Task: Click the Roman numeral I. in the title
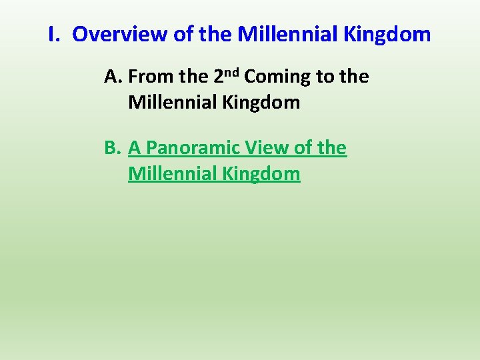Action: (55, 34)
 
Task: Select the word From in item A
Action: (151, 77)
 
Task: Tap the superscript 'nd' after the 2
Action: (233, 72)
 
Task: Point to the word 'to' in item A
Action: (325, 77)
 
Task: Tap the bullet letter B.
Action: (112, 147)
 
